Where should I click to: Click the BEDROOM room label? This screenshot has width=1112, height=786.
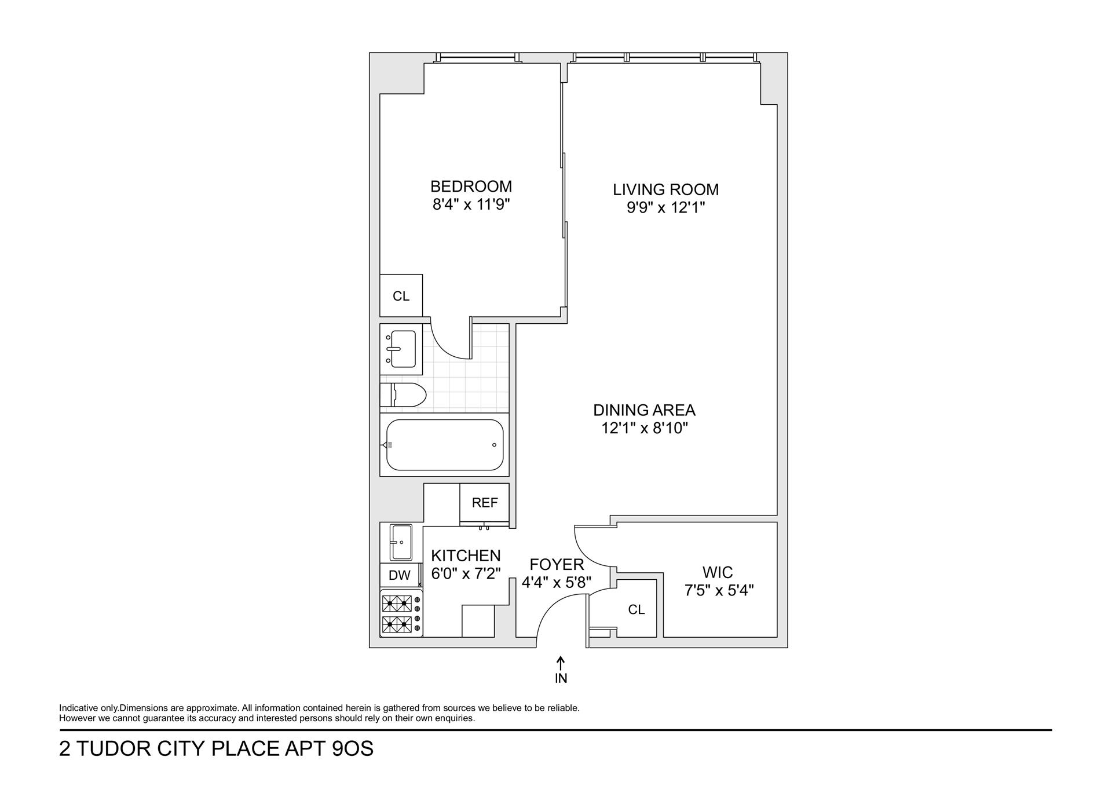pos(471,187)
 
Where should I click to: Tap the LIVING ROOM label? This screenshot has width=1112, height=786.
pos(665,189)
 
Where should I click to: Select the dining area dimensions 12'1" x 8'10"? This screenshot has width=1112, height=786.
pos(644,428)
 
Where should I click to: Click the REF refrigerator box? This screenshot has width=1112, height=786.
pos(484,503)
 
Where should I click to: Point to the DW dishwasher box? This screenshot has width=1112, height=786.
pos(400,575)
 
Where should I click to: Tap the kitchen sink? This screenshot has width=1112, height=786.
pos(401,542)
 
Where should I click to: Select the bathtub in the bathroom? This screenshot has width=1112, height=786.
pos(444,445)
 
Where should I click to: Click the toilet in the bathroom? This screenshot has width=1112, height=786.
pos(404,395)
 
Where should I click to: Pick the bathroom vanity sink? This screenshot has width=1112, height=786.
pos(401,349)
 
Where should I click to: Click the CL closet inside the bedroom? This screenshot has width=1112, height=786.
pos(401,296)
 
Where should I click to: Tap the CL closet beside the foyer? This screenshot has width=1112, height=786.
pos(636,609)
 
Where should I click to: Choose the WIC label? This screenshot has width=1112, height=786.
pos(718,572)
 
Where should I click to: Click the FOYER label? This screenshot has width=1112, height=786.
pos(557,564)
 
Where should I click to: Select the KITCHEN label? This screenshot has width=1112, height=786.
pos(466,555)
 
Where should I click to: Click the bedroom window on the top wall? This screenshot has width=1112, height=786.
pos(478,57)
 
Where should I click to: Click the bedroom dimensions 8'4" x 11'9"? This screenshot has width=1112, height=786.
pos(471,204)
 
